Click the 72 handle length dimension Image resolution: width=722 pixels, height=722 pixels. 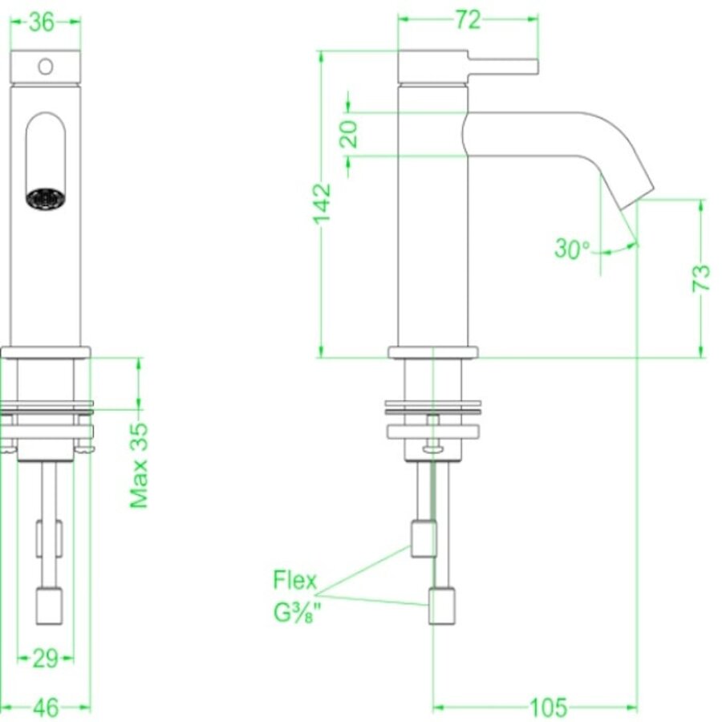[468, 22]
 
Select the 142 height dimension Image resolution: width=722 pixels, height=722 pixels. [322, 203]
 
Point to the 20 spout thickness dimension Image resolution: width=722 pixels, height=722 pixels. [349, 133]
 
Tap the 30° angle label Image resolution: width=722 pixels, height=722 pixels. [572, 249]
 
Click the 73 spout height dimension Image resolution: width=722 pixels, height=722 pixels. [700, 277]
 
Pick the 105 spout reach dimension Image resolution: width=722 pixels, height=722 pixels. [548, 708]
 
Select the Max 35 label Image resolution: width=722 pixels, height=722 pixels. [140, 465]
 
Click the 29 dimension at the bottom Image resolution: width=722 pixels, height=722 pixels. [46, 659]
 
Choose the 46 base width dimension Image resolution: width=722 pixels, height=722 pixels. [46, 708]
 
